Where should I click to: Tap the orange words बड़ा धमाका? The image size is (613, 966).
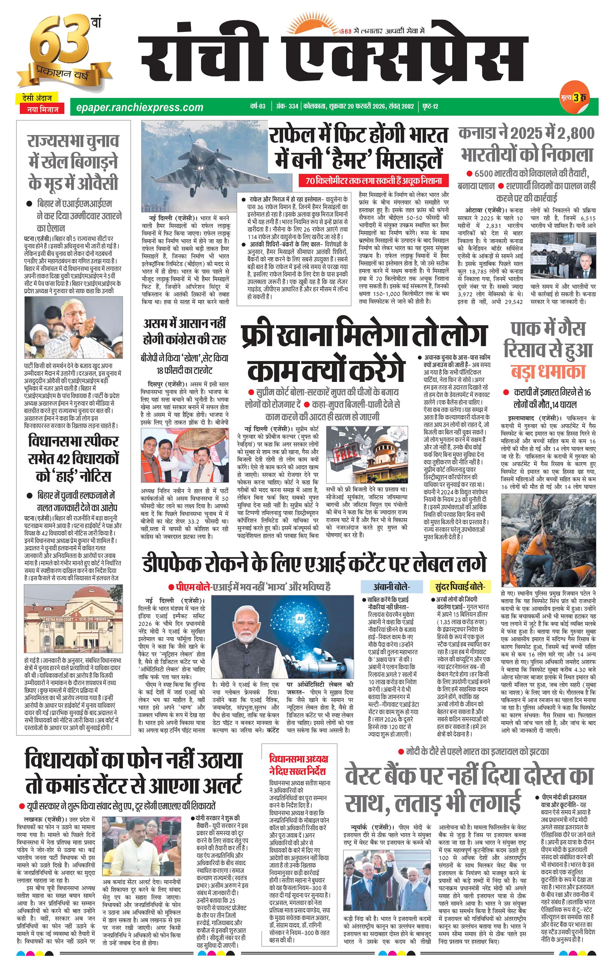click(548, 371)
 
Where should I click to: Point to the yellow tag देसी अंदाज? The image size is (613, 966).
click(37, 98)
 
